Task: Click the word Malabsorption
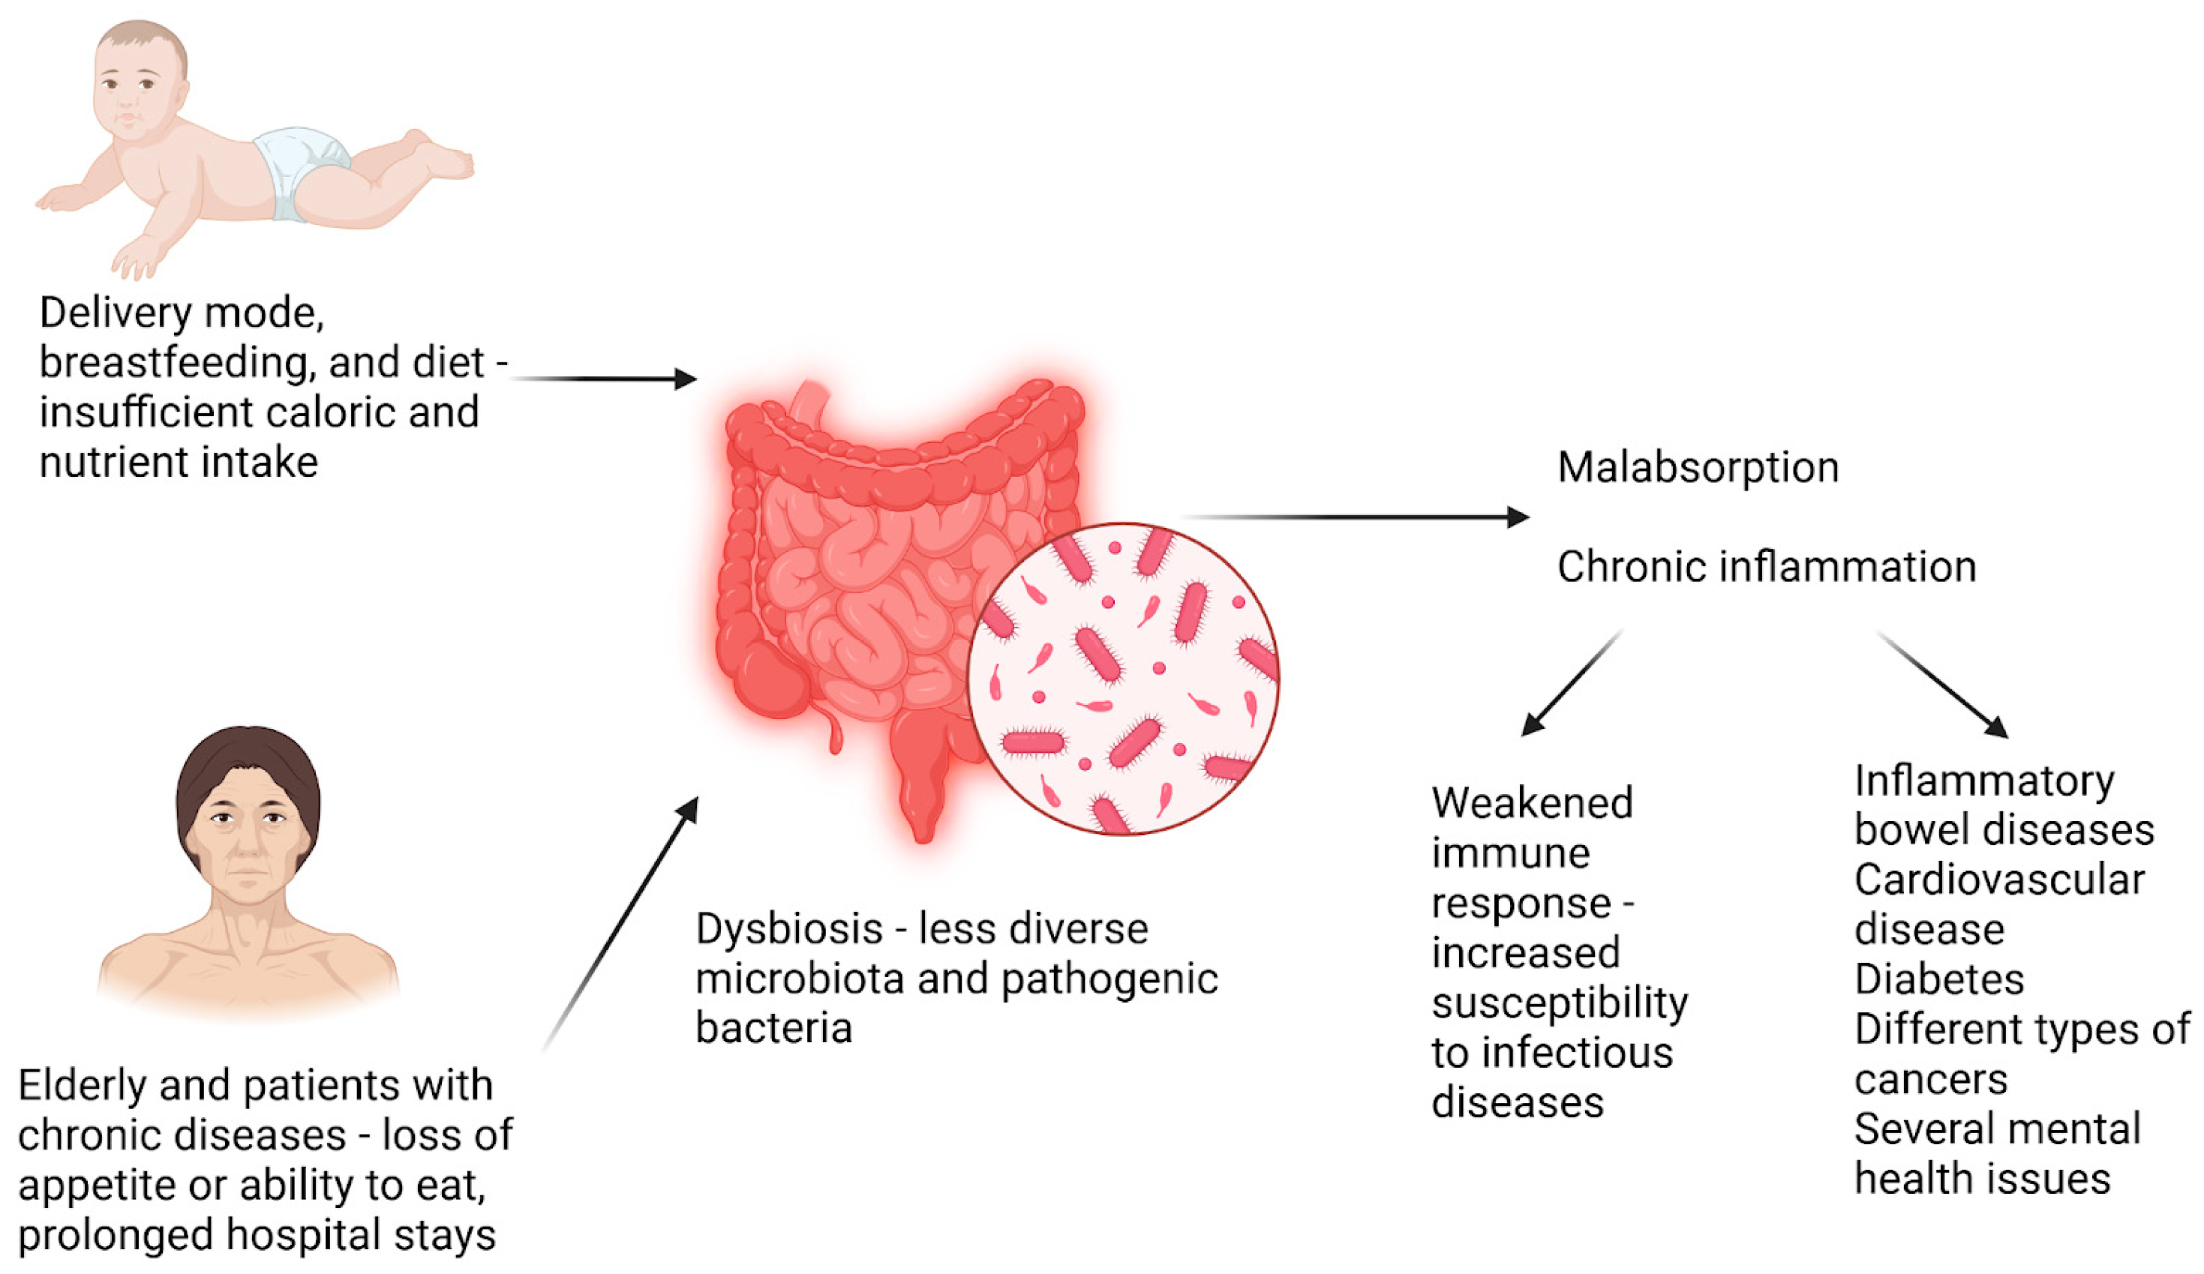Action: pos(1698,468)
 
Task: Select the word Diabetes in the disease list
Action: pos(1939,979)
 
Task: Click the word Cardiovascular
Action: pos(1999,880)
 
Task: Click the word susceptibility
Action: pos(1560,1003)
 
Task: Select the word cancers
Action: pos(1930,1080)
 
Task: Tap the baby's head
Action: pos(140,79)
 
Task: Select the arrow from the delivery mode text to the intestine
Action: pos(603,379)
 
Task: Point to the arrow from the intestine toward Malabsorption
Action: pos(1356,517)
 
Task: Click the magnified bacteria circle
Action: pos(1123,679)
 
